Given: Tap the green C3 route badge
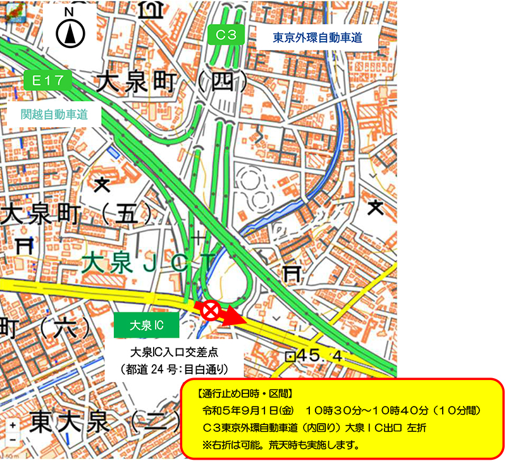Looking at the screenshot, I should pos(226,35).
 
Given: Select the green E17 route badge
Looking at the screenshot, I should pos(46,80).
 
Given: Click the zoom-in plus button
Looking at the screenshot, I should pos(13,425).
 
